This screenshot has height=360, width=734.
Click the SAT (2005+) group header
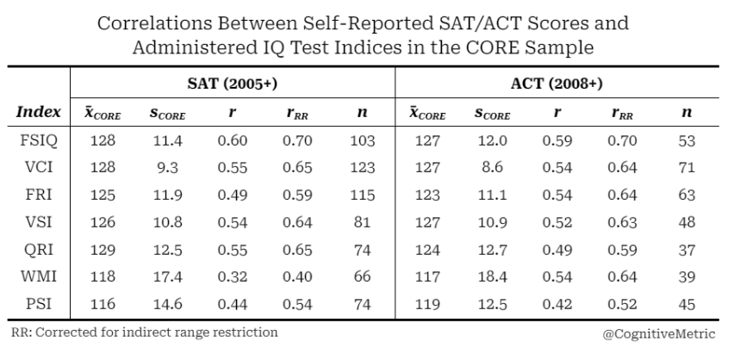click(x=233, y=84)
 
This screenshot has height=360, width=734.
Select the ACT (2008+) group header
click(x=557, y=84)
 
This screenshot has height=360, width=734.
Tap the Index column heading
click(x=39, y=112)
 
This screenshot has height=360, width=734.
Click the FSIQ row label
click(x=39, y=140)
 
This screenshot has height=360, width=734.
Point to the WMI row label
click(x=39, y=276)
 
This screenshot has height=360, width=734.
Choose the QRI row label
click(x=39, y=250)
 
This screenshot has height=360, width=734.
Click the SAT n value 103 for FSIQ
click(x=363, y=140)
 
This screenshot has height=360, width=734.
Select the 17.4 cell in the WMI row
click(x=168, y=276)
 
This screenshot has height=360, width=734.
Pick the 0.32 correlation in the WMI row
click(x=233, y=276)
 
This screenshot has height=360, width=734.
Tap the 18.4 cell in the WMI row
click(x=492, y=276)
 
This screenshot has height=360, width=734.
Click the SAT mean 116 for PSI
click(x=103, y=304)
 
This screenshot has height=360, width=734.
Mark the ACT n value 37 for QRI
click(x=687, y=250)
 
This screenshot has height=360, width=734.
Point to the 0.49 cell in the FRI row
click(x=233, y=195)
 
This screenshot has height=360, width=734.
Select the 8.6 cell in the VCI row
click(x=492, y=167)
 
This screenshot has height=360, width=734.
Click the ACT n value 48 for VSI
click(x=687, y=222)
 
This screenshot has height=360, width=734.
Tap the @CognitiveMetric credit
click(x=659, y=334)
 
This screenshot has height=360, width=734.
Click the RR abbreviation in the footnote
click(x=20, y=332)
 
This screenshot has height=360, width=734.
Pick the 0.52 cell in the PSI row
click(x=622, y=304)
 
